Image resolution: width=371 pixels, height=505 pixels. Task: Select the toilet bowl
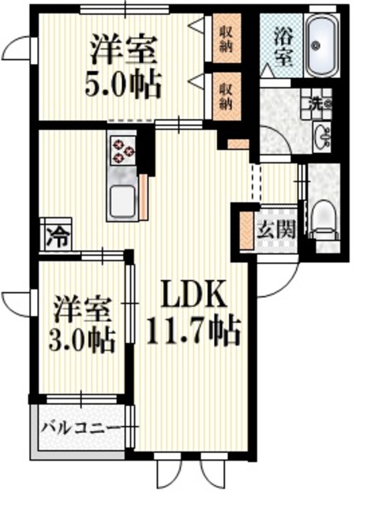point(324,218)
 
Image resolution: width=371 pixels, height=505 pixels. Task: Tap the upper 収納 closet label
point(226,37)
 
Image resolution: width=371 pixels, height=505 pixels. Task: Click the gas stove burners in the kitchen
point(122,150)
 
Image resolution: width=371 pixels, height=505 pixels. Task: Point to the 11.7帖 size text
point(193,331)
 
